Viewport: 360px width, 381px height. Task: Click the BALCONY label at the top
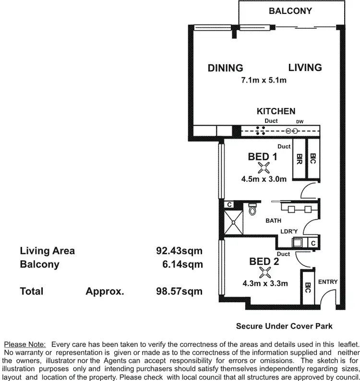coord(290,11)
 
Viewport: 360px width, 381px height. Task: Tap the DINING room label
coord(225,68)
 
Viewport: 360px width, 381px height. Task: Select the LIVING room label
coord(305,67)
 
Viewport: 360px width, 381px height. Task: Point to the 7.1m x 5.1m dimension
coord(264,80)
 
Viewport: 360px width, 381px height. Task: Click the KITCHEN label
coord(276,111)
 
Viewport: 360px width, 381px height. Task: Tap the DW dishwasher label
coord(300,121)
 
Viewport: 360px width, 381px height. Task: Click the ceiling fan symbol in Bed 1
coord(264,167)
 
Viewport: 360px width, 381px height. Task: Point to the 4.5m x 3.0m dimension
coord(264,179)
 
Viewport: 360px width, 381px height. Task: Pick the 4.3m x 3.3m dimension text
coord(265,284)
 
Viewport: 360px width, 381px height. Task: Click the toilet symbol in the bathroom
coord(253,210)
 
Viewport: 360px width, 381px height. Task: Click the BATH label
coord(273,221)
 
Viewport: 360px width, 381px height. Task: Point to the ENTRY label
coord(328,282)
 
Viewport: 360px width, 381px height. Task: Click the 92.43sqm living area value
coord(179,250)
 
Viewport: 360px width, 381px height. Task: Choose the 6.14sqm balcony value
coord(183,264)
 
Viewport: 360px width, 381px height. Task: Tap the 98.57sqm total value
coord(179,291)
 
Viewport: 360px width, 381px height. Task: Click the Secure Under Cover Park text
coord(284,326)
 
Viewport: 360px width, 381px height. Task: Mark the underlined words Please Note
coord(24,344)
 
